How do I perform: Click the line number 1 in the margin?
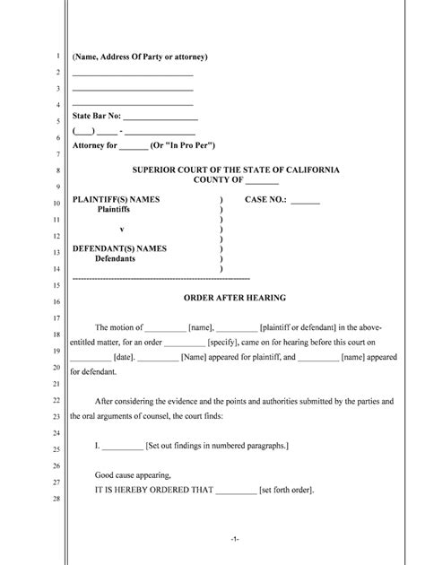tap(56, 56)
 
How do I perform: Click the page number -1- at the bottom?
tap(233, 539)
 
